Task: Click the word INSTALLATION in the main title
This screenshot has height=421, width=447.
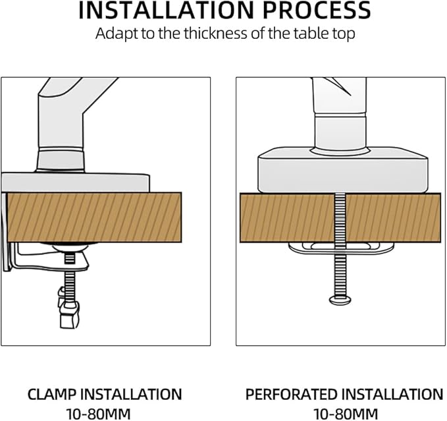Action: coord(166,11)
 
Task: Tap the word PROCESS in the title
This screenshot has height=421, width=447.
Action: coord(317,11)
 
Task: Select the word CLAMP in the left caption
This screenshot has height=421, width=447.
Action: coord(51,394)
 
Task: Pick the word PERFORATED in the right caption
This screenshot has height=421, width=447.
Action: coord(291,394)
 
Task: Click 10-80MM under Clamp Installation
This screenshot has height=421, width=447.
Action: coord(98,414)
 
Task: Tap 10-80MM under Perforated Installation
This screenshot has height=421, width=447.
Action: coord(346,414)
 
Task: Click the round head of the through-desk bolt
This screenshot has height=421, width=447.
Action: coord(340,300)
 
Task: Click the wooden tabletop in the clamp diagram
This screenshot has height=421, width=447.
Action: coord(94,217)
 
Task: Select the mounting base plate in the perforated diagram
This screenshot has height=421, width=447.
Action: coord(343,170)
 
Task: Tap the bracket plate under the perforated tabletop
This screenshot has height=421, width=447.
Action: coord(341,248)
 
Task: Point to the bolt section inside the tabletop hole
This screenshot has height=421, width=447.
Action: coord(340,217)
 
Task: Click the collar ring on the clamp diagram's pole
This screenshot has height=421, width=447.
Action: coord(61,159)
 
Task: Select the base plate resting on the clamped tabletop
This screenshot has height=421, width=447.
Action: coord(76,182)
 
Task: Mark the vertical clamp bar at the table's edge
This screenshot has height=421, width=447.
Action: coord(7,232)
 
